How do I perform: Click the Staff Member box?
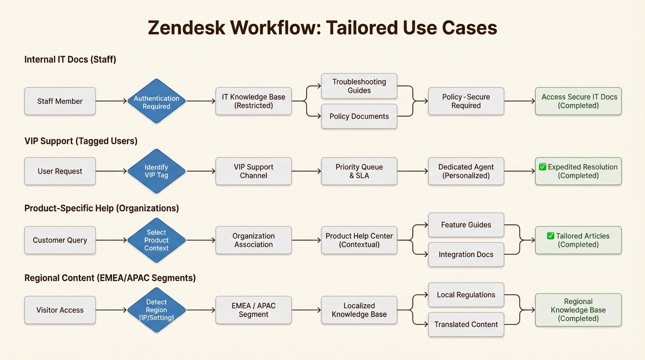(60, 101)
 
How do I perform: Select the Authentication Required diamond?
(157, 101)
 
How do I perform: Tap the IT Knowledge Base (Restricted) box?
(254, 101)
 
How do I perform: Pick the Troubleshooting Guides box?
(359, 86)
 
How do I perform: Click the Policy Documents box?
(359, 116)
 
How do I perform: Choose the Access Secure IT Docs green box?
(578, 101)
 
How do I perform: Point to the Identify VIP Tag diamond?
(157, 171)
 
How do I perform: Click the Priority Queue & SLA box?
(359, 171)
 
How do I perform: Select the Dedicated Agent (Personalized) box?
(466, 171)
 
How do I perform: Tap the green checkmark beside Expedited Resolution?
(542, 167)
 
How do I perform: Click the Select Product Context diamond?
(157, 240)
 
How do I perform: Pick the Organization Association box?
(254, 240)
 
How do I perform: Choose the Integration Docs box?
(466, 255)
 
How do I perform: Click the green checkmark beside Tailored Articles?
(551, 236)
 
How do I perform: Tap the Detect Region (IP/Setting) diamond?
(157, 310)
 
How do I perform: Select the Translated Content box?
(466, 324)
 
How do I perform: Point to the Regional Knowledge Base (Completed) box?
(578, 310)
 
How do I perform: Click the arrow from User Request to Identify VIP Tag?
(111, 171)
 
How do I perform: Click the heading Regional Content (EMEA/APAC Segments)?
(110, 278)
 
